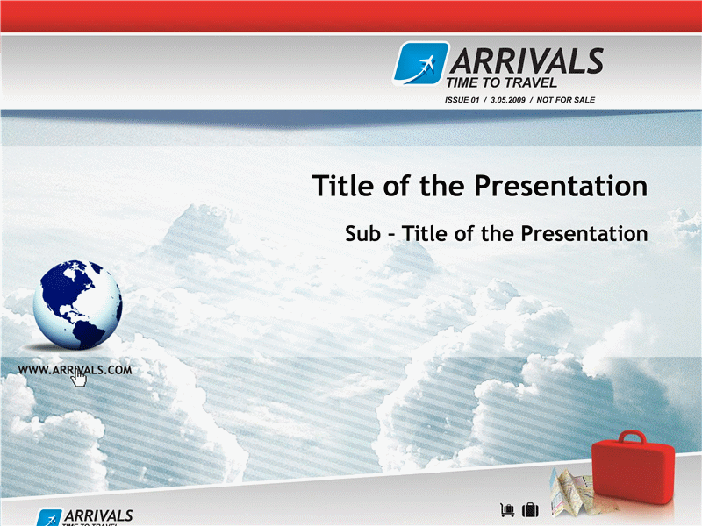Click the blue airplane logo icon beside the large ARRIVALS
[x=421, y=63]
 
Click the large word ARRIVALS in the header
[x=527, y=61]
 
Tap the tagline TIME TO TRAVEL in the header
[x=501, y=82]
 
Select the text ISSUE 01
[x=462, y=100]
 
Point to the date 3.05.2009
[x=508, y=100]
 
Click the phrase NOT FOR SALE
[x=565, y=100]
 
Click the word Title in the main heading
[x=342, y=186]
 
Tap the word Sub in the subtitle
[x=362, y=234]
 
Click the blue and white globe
[x=77, y=304]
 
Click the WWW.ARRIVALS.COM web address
[x=75, y=370]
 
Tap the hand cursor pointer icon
[x=79, y=379]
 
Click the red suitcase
[x=633, y=467]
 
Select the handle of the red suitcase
[x=632, y=437]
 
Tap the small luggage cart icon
[x=507, y=509]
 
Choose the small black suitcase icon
[x=531, y=509]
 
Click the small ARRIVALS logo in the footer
[x=85, y=517]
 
